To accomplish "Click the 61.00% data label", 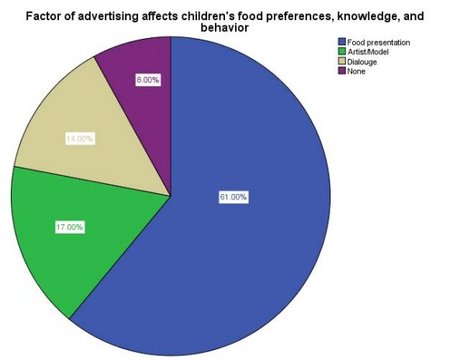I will (233, 197).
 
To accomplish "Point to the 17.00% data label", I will (70, 227).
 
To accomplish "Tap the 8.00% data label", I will (147, 80).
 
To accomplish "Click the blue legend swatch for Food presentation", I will (341, 43).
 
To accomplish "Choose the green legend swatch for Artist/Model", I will (341, 52).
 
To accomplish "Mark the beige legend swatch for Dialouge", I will (341, 61).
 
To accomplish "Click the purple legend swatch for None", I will (341, 71).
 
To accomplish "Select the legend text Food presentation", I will (378, 43).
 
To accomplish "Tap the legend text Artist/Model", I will (367, 52).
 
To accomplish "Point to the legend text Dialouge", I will (362, 61).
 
